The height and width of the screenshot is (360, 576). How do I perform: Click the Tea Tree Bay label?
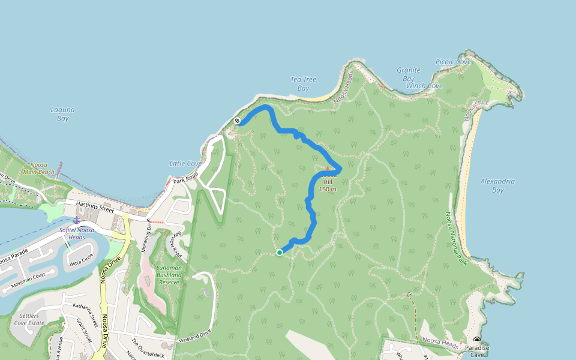tap(302, 83)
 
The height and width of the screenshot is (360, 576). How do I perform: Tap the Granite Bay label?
tap(408, 74)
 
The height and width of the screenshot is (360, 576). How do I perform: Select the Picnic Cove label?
tap(453, 62)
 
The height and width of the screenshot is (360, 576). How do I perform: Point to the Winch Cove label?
tap(424, 86)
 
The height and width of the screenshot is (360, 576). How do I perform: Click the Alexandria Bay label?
tap(497, 185)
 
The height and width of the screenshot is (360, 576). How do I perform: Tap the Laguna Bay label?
tap(62, 114)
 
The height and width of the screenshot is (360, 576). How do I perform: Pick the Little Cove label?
tap(185, 164)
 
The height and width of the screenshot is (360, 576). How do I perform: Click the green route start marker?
tap(280, 253)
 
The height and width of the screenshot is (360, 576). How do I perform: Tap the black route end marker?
tap(238, 121)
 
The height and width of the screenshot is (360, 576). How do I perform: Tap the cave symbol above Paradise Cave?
tap(477, 340)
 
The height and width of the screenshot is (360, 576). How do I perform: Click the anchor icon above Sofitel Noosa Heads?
tap(76, 221)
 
